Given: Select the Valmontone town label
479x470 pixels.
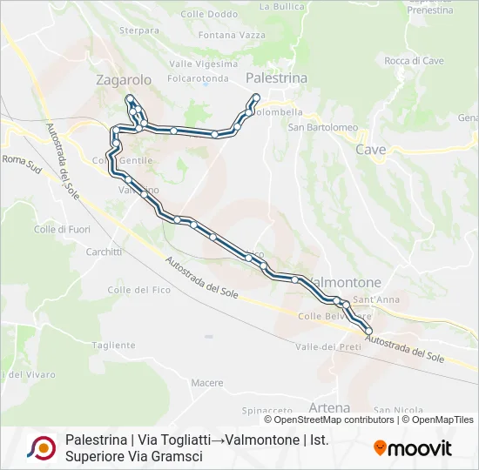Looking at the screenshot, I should tap(346, 283).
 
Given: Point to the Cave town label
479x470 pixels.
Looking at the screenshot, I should tap(370, 149).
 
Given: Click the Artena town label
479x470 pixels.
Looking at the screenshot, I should tap(329, 407).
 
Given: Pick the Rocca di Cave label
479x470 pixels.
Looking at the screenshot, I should tap(414, 61).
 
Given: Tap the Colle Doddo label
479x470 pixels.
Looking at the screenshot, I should tap(208, 15).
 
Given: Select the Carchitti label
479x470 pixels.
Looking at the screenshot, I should tap(104, 252).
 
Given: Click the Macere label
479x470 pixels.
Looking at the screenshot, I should tap(207, 383).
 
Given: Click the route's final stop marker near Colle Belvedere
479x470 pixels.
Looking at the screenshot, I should tap(368, 332).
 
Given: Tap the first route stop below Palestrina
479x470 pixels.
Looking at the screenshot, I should tap(256, 97).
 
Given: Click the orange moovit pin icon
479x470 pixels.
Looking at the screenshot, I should tap(380, 447).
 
